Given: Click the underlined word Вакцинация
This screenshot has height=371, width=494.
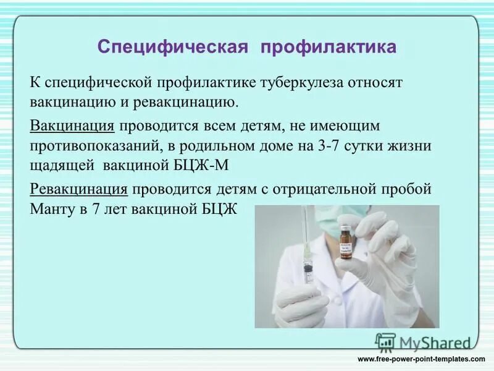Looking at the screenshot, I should (72, 126).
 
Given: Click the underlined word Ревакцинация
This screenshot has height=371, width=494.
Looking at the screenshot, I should (79, 189).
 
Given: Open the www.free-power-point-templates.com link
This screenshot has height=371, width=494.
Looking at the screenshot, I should (422, 359).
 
